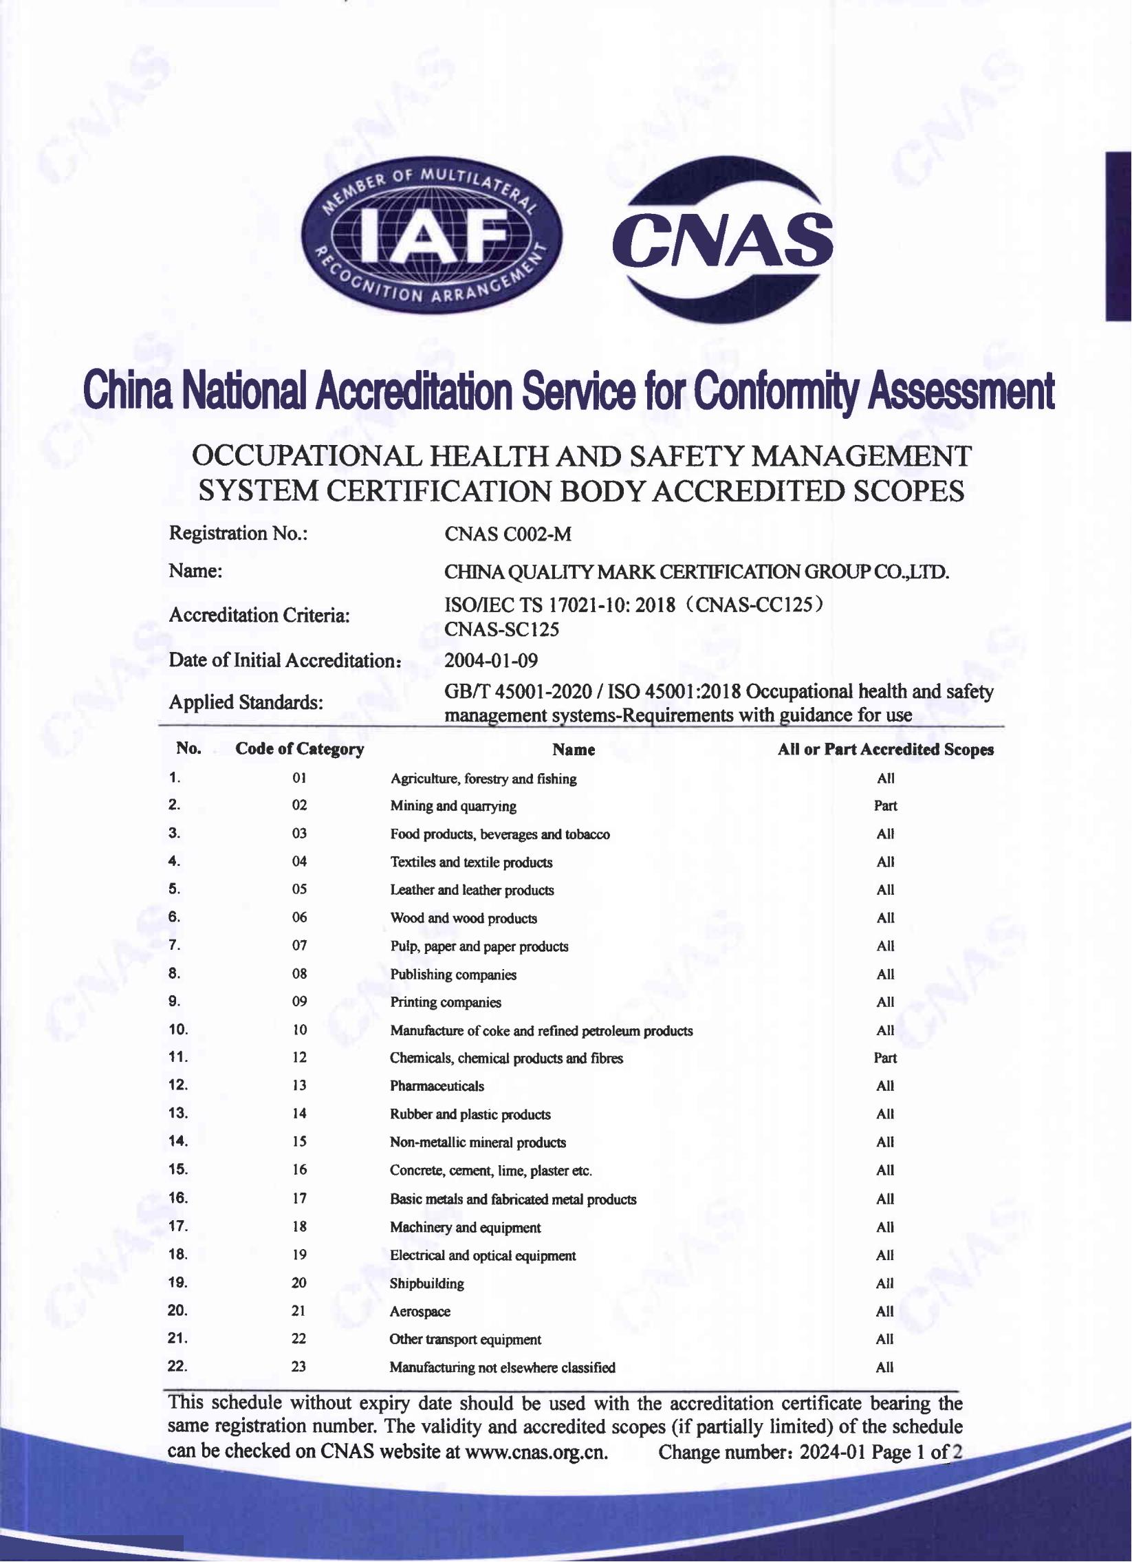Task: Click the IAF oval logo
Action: (432, 234)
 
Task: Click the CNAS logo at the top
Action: (722, 239)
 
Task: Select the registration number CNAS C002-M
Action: (508, 534)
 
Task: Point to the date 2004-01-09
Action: (491, 660)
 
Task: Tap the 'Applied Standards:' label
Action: (246, 702)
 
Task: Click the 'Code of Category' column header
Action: (300, 749)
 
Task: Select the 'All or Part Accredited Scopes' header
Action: (886, 749)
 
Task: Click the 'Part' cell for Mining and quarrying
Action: (886, 806)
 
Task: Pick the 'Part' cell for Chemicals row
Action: (886, 1058)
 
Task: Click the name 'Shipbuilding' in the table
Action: (427, 1283)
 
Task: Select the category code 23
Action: (299, 1367)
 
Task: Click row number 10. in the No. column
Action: (178, 1030)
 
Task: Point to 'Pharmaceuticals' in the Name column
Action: (437, 1086)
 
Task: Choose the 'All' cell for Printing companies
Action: (886, 1002)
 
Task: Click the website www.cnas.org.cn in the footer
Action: (536, 1452)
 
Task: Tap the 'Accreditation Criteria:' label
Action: (259, 615)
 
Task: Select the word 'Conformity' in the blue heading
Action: (775, 391)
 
